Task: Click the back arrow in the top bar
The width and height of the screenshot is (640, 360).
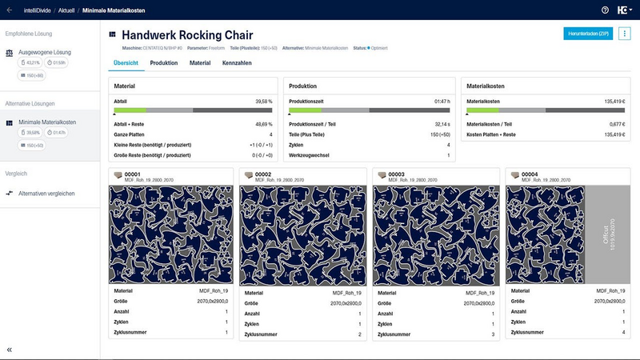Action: point(9,10)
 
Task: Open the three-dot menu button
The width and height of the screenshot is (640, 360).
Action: point(625,34)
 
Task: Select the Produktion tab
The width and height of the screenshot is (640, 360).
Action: point(164,62)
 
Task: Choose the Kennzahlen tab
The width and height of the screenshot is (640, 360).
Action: point(238,62)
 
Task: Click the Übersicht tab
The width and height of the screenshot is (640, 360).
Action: point(126,62)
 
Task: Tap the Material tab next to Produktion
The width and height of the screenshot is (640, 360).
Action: point(200,62)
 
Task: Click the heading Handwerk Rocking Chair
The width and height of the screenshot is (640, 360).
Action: point(187,35)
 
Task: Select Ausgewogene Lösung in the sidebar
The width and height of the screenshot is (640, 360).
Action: point(45,52)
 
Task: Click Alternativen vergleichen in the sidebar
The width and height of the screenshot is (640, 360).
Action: point(47,194)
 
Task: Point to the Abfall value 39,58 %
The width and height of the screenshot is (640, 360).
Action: point(263,102)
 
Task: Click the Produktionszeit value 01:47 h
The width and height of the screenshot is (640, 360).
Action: point(442,102)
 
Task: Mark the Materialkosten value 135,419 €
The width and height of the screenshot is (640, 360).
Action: point(613,102)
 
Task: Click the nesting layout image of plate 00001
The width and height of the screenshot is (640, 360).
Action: point(172,234)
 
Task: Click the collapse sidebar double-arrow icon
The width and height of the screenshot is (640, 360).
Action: point(10,350)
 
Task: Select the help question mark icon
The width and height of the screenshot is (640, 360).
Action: point(605,10)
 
